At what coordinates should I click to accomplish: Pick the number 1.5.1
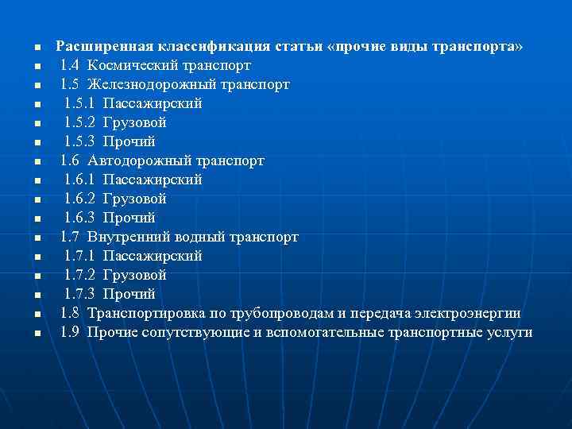tap(79, 103)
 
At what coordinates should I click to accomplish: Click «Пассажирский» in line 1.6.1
tap(153, 180)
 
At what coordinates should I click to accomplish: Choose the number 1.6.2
tap(79, 199)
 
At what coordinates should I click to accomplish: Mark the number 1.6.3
tap(79, 218)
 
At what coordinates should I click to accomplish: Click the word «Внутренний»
tap(127, 237)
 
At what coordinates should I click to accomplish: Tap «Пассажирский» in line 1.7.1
tap(153, 256)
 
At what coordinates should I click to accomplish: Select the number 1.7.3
tap(79, 294)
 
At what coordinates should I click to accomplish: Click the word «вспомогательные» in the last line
tap(327, 332)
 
